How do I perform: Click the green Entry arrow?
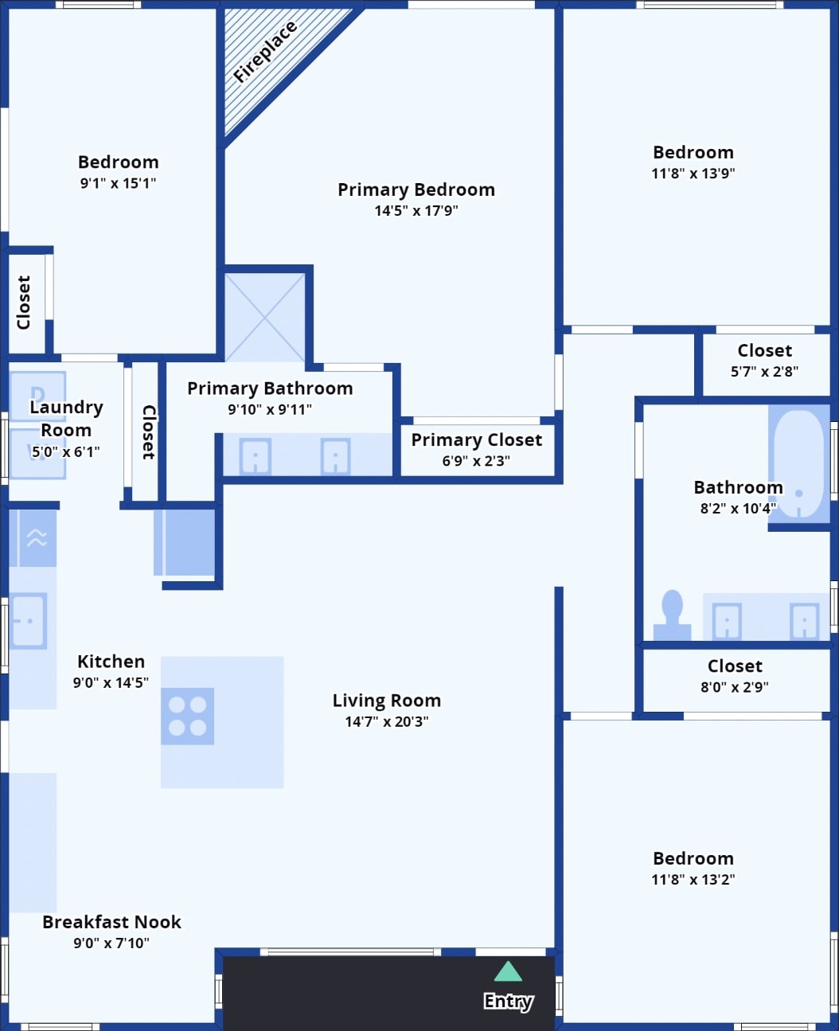(x=508, y=971)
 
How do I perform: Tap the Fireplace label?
(x=265, y=52)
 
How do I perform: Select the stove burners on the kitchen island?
(x=187, y=716)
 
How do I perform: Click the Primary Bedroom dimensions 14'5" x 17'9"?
(x=416, y=211)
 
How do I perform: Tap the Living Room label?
(x=387, y=701)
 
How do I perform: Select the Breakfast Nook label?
(x=111, y=922)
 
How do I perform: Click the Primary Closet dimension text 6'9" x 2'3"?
(x=476, y=461)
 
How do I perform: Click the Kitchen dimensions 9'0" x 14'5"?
(x=111, y=682)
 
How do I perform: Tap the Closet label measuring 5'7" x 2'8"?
(x=764, y=350)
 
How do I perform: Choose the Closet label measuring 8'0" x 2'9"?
(x=735, y=666)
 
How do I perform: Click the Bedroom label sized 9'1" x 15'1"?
(x=118, y=162)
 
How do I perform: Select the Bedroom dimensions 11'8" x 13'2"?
(x=693, y=880)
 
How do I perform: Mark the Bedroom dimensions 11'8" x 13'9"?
(x=693, y=174)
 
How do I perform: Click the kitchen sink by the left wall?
(x=28, y=620)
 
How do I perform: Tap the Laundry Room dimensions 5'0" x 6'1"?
(x=66, y=451)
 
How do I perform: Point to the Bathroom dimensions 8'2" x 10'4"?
(x=738, y=509)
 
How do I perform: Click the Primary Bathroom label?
(x=270, y=389)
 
